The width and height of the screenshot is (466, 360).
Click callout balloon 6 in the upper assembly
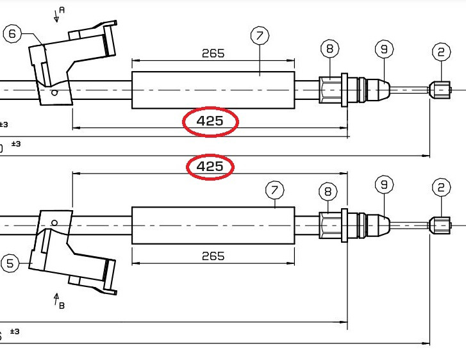12,34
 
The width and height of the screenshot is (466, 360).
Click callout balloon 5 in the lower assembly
9,263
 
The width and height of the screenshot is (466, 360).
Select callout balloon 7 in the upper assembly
260,36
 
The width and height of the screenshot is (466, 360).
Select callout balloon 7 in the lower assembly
274,190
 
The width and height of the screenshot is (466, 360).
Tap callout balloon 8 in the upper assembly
329,48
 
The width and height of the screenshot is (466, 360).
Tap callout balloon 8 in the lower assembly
328,191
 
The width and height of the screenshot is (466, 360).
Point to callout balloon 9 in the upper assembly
383,48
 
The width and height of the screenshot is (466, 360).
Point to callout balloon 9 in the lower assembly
383,184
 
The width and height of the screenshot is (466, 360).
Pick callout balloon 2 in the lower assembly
441,187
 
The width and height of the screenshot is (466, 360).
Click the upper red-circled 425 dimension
210,121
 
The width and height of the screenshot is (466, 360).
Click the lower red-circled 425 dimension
210,167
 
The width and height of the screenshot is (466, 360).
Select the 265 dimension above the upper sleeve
213,53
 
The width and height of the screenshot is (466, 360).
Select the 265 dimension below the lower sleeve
213,256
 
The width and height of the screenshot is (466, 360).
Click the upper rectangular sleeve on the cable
213,90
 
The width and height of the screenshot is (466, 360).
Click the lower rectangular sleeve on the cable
213,225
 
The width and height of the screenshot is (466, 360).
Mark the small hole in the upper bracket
55,92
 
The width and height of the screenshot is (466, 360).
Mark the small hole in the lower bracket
55,223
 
